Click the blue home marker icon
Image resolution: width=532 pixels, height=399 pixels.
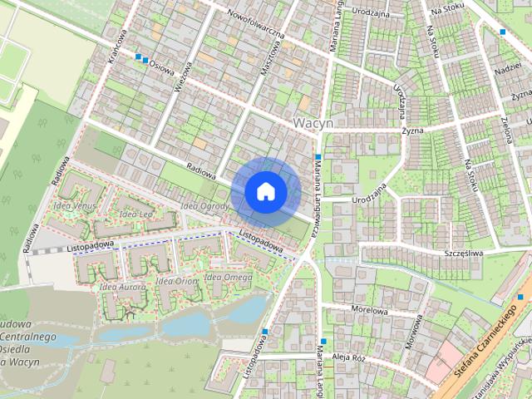coord(266,191)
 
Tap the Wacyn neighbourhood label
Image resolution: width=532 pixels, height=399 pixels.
coord(313,123)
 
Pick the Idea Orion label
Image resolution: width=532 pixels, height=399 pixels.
coord(175,281)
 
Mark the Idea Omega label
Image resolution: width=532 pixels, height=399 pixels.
coord(228,277)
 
